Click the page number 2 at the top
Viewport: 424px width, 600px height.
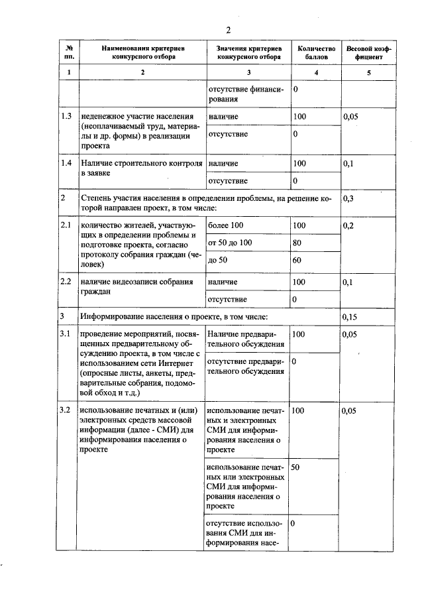227,30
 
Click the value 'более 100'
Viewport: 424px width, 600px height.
226,226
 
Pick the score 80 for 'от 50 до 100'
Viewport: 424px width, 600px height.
297,243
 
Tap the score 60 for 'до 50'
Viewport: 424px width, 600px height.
297,260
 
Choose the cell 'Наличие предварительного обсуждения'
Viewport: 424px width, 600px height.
246,339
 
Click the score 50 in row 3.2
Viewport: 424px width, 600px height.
296,467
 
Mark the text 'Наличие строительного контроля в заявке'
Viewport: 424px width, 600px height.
141,168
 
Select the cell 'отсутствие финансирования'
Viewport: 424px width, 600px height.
246,94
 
